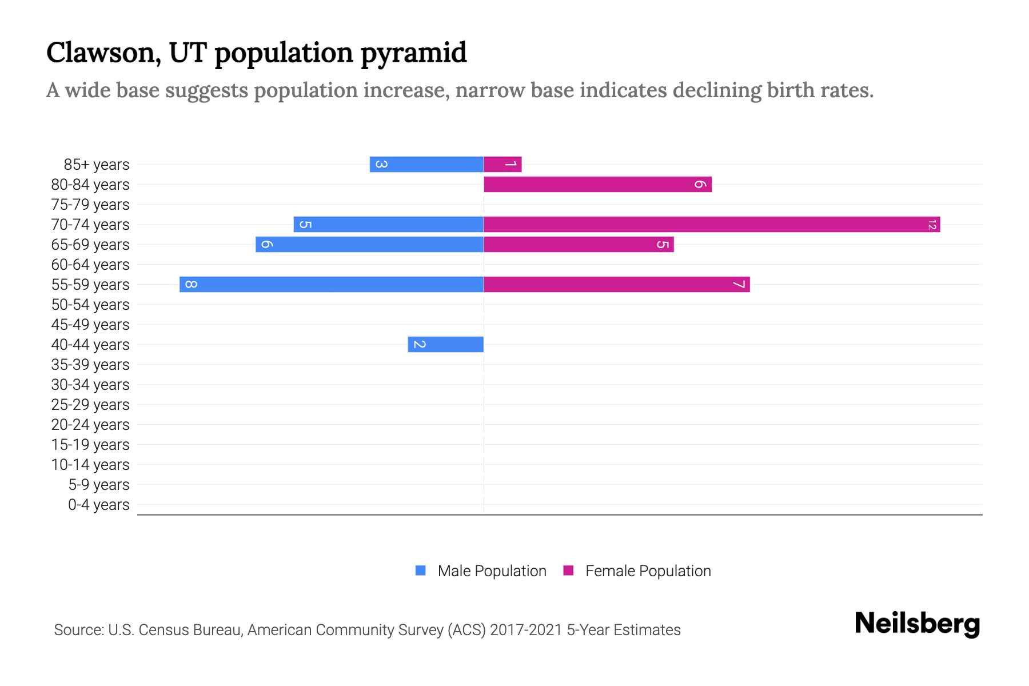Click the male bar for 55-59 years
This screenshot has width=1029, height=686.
(x=332, y=284)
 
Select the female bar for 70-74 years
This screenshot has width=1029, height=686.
(x=712, y=224)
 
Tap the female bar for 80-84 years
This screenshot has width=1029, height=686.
(x=597, y=184)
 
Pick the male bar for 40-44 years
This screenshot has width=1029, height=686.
(x=445, y=344)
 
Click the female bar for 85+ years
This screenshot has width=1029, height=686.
(x=502, y=164)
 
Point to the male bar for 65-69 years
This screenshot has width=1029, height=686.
(x=369, y=244)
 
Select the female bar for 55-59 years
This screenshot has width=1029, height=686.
(x=616, y=284)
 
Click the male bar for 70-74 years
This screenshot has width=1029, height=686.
(x=389, y=224)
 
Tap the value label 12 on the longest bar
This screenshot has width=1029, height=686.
(x=932, y=225)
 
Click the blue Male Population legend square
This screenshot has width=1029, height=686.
(x=421, y=571)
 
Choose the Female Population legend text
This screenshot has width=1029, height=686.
(x=648, y=571)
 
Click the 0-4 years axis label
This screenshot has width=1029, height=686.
(x=98, y=504)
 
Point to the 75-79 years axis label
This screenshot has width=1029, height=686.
(x=90, y=204)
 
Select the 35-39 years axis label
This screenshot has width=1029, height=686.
(x=90, y=364)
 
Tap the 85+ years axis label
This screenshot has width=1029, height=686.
(x=97, y=164)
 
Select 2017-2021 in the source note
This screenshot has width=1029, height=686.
(x=526, y=630)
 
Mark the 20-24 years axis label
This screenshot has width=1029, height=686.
(x=90, y=424)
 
